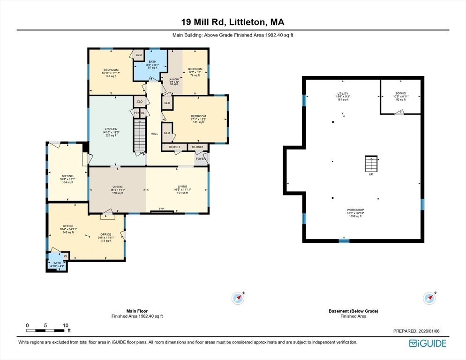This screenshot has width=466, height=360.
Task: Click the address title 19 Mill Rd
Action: point(233,22)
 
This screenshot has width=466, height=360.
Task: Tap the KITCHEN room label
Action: point(111,129)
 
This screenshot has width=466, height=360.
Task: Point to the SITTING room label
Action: point(68,176)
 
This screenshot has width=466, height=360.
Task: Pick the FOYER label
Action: point(201,159)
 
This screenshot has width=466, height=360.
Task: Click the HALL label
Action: point(154,134)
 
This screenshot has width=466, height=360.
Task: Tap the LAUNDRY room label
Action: point(174,80)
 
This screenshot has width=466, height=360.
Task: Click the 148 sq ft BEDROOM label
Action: point(111,70)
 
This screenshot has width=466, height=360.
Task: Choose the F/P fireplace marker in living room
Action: point(161,209)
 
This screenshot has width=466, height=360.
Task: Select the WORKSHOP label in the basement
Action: point(355,210)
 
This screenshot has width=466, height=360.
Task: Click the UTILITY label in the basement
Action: point(343,94)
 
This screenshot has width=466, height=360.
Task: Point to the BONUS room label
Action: point(400,94)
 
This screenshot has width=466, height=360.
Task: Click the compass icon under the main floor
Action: point(239,298)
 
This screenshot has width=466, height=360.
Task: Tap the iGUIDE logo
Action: point(427,344)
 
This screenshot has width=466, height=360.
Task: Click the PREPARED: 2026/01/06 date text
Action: point(420,331)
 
